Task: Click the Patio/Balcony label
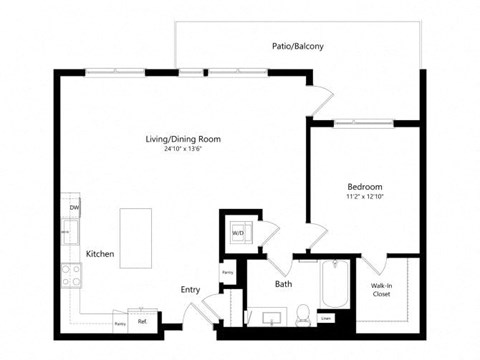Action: [298, 46]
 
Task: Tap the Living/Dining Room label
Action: [183, 139]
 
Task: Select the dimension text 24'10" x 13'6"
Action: [183, 150]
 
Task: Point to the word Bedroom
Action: [365, 187]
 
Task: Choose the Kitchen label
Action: [100, 255]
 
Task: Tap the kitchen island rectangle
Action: [136, 238]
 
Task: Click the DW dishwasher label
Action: [74, 208]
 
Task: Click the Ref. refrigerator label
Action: [143, 321]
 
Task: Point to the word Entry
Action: [190, 290]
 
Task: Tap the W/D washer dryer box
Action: [239, 234]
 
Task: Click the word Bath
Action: [284, 284]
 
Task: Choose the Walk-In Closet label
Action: [381, 290]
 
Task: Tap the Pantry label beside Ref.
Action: [120, 324]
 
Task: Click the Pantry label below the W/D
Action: [228, 272]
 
